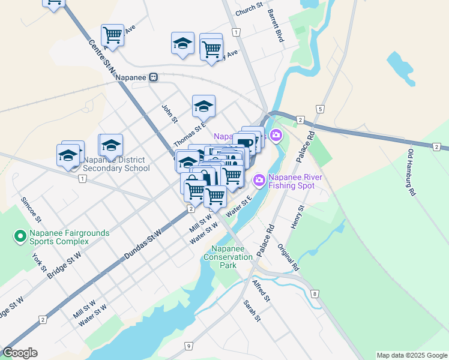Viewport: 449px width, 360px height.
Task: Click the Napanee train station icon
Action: tap(154, 77)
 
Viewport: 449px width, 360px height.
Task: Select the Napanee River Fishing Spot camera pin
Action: tap(259, 179)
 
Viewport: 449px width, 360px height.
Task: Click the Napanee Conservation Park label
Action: tap(228, 257)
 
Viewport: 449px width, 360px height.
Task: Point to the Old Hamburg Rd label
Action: tap(412, 173)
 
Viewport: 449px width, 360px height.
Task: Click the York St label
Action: tap(40, 259)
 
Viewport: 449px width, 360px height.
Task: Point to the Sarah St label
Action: tap(251, 311)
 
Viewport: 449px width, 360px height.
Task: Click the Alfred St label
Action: tap(262, 290)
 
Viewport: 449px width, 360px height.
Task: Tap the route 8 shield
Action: tap(315, 294)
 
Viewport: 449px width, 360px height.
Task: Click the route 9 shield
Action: tap(188, 346)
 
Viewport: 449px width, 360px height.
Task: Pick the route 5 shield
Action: tap(321, 109)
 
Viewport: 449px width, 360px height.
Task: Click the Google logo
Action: tap(20, 353)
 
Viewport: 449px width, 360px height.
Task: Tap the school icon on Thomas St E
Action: tap(203, 106)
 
